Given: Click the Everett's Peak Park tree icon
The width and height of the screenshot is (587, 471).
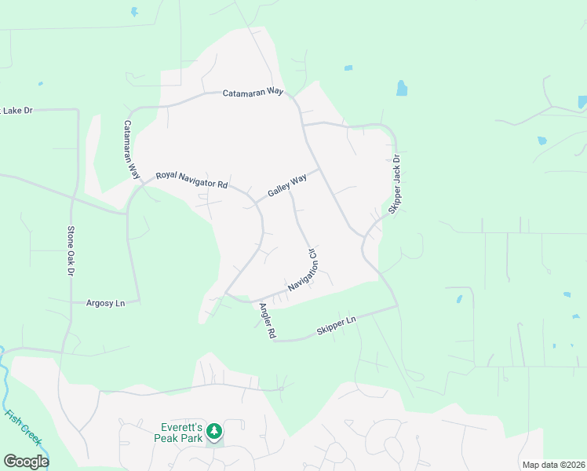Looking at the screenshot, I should point(213,430).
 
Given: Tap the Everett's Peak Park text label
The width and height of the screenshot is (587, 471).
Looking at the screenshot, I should point(177,433).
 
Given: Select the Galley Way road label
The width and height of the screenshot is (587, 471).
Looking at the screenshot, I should point(286,187).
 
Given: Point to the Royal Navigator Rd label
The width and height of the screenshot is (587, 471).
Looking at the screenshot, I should point(191,180).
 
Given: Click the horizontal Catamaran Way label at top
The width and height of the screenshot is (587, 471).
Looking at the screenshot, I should point(252,92).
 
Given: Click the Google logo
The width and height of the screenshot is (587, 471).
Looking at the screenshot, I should point(26,461).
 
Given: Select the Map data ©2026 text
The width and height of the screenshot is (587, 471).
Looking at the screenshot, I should point(553,465).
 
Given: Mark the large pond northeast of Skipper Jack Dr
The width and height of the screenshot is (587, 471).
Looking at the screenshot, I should point(402,87).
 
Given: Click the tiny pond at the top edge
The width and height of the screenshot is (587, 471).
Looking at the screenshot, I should point(134,12).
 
